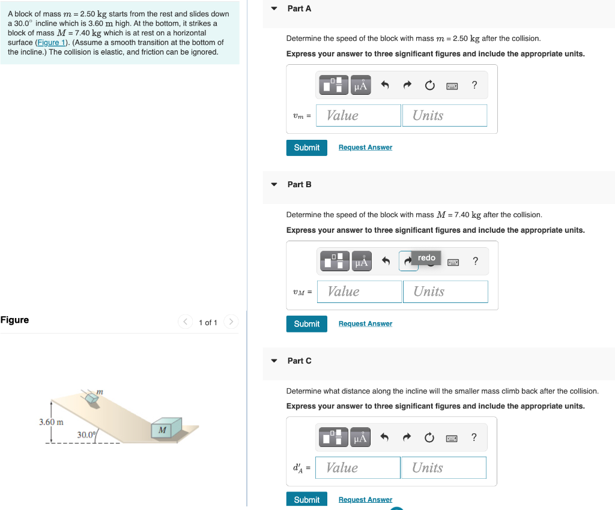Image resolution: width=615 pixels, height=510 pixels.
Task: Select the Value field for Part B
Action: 359,292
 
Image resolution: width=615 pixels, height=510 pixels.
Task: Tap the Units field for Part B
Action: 445,292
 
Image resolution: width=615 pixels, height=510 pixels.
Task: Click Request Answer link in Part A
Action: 365,148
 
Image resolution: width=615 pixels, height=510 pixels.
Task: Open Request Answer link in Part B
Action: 365,324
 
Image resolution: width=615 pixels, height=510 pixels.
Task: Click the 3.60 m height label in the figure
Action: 52,422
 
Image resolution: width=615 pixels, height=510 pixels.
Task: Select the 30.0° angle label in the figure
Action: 86,434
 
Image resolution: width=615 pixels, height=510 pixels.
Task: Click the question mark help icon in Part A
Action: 474,85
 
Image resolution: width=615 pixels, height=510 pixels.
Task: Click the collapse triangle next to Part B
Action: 274,185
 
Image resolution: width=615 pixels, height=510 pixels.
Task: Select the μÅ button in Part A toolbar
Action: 360,86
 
